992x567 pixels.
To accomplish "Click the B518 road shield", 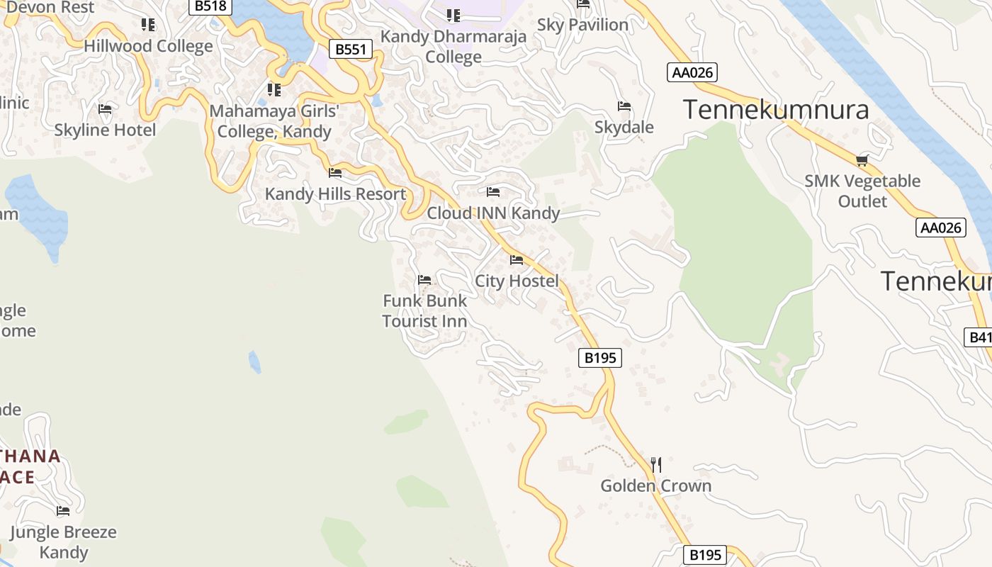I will tap(210, 6).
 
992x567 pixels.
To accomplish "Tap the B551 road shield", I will tap(351, 49).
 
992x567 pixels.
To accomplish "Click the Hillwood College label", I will tap(148, 46).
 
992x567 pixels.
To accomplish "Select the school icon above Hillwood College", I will tap(147, 25).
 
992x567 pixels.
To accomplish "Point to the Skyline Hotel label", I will tap(105, 130).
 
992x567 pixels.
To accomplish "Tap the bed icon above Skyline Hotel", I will tap(105, 109).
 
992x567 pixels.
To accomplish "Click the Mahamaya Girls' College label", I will tap(274, 121).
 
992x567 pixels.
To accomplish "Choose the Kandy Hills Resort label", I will tap(335, 193).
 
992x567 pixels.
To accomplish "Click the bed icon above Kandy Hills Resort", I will tap(335, 172).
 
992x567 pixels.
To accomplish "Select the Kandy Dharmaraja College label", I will tap(453, 47).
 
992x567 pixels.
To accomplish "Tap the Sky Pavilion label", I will tap(582, 25).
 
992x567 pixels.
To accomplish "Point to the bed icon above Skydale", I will tap(624, 106).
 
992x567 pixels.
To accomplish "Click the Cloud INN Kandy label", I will tap(493, 213).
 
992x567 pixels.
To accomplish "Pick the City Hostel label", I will tap(517, 281).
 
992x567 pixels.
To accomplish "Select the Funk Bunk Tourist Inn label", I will tap(424, 310).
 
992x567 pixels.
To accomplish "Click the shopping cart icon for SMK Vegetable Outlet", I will tap(862, 160).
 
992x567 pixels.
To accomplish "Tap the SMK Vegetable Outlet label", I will tap(862, 191).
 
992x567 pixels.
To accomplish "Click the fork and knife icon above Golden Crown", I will tap(656, 465).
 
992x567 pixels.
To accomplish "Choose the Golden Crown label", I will tap(656, 485).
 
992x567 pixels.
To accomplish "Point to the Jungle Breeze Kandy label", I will tap(63, 541).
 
